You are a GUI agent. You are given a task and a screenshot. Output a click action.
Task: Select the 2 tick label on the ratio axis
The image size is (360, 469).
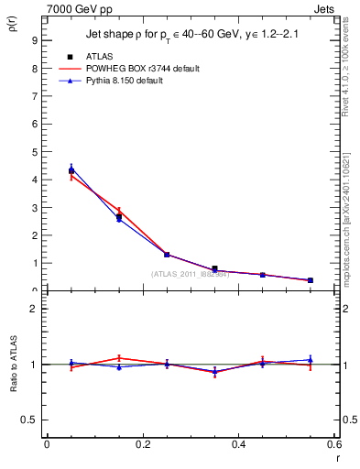(34, 309)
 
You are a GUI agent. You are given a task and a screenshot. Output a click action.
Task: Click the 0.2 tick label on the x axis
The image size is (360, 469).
(142, 444)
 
